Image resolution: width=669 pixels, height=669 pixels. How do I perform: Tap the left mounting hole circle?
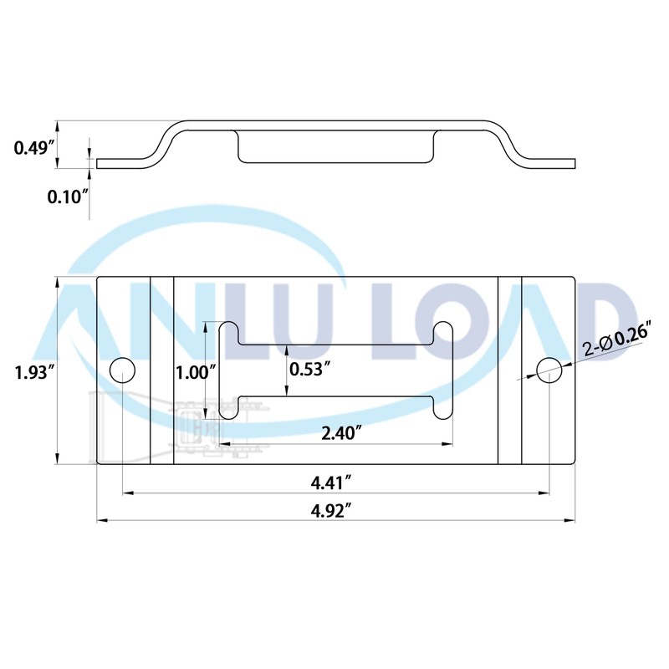[x=123, y=370]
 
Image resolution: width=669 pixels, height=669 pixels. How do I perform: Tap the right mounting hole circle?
[x=549, y=370]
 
